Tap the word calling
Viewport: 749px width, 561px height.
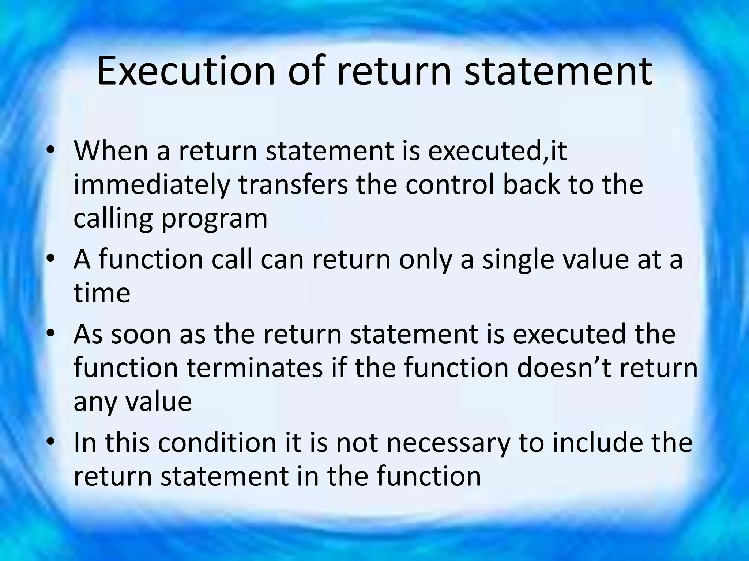tap(113, 218)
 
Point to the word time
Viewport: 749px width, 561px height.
tap(102, 293)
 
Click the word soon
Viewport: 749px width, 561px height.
tap(141, 334)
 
